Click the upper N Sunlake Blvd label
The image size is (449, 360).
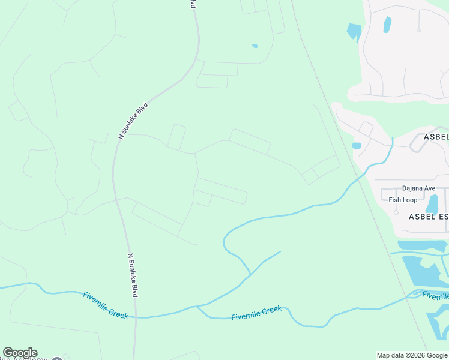(133, 121)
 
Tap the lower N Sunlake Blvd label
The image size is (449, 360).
(133, 275)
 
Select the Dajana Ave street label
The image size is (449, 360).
(419, 188)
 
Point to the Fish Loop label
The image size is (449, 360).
(403, 200)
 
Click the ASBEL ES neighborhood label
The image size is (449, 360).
(429, 216)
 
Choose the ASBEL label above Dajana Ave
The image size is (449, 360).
(436, 137)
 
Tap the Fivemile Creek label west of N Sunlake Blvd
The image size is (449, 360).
(106, 305)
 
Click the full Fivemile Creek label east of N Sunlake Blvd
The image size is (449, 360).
(256, 313)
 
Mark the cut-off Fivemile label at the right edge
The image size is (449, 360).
(435, 296)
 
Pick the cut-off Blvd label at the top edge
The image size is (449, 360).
(193, 4)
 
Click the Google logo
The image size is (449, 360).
(20, 353)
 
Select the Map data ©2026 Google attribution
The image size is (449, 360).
(412, 355)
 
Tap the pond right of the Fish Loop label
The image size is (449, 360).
(432, 203)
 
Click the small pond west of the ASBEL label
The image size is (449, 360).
(357, 146)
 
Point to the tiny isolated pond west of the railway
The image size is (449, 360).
(255, 46)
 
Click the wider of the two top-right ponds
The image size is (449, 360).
(354, 31)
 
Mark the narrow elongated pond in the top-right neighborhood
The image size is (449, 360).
(387, 25)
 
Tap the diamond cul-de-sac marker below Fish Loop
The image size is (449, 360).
(396, 212)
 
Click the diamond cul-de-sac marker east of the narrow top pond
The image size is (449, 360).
(418, 29)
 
